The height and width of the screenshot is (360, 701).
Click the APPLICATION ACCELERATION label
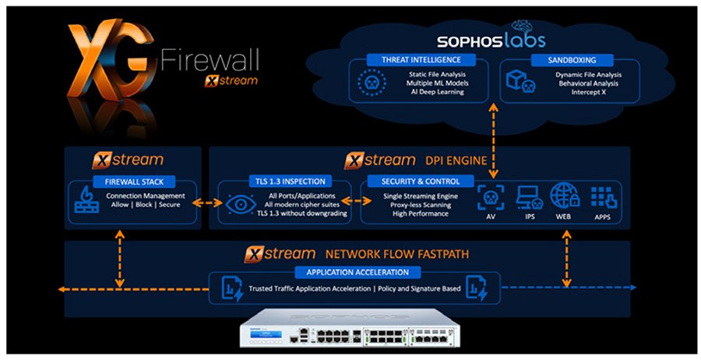point(358,273)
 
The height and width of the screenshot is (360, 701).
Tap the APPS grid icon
point(603,196)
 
